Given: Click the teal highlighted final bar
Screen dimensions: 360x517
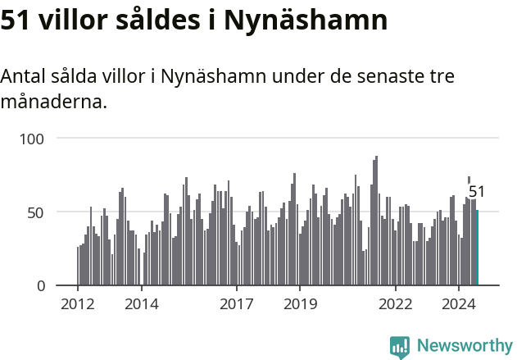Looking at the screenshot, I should [477, 248].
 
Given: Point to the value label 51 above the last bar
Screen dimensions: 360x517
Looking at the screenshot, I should [477, 192].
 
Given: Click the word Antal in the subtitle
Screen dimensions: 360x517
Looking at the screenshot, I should [24, 77].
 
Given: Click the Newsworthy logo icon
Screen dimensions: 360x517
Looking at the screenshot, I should [400, 347].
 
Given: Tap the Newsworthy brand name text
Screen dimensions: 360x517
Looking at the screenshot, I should [464, 346].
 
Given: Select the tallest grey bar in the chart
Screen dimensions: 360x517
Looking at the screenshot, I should [377, 221].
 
